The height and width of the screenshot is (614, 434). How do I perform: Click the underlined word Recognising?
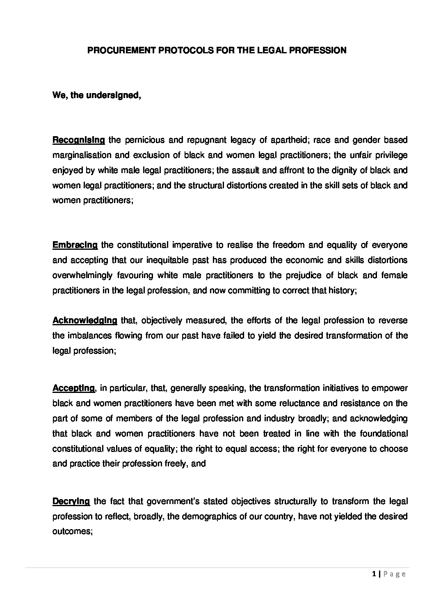tap(79, 140)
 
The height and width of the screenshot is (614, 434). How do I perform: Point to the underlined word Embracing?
tap(75, 245)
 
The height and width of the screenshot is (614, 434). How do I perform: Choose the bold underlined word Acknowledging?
tap(85, 320)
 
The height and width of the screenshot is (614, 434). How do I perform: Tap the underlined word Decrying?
tap(71, 501)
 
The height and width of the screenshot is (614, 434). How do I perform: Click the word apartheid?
tap(291, 140)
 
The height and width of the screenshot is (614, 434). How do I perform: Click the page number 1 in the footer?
tap(374, 575)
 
